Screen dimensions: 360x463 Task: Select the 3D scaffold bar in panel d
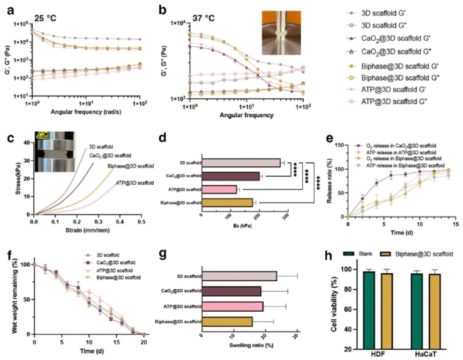(240, 162)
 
